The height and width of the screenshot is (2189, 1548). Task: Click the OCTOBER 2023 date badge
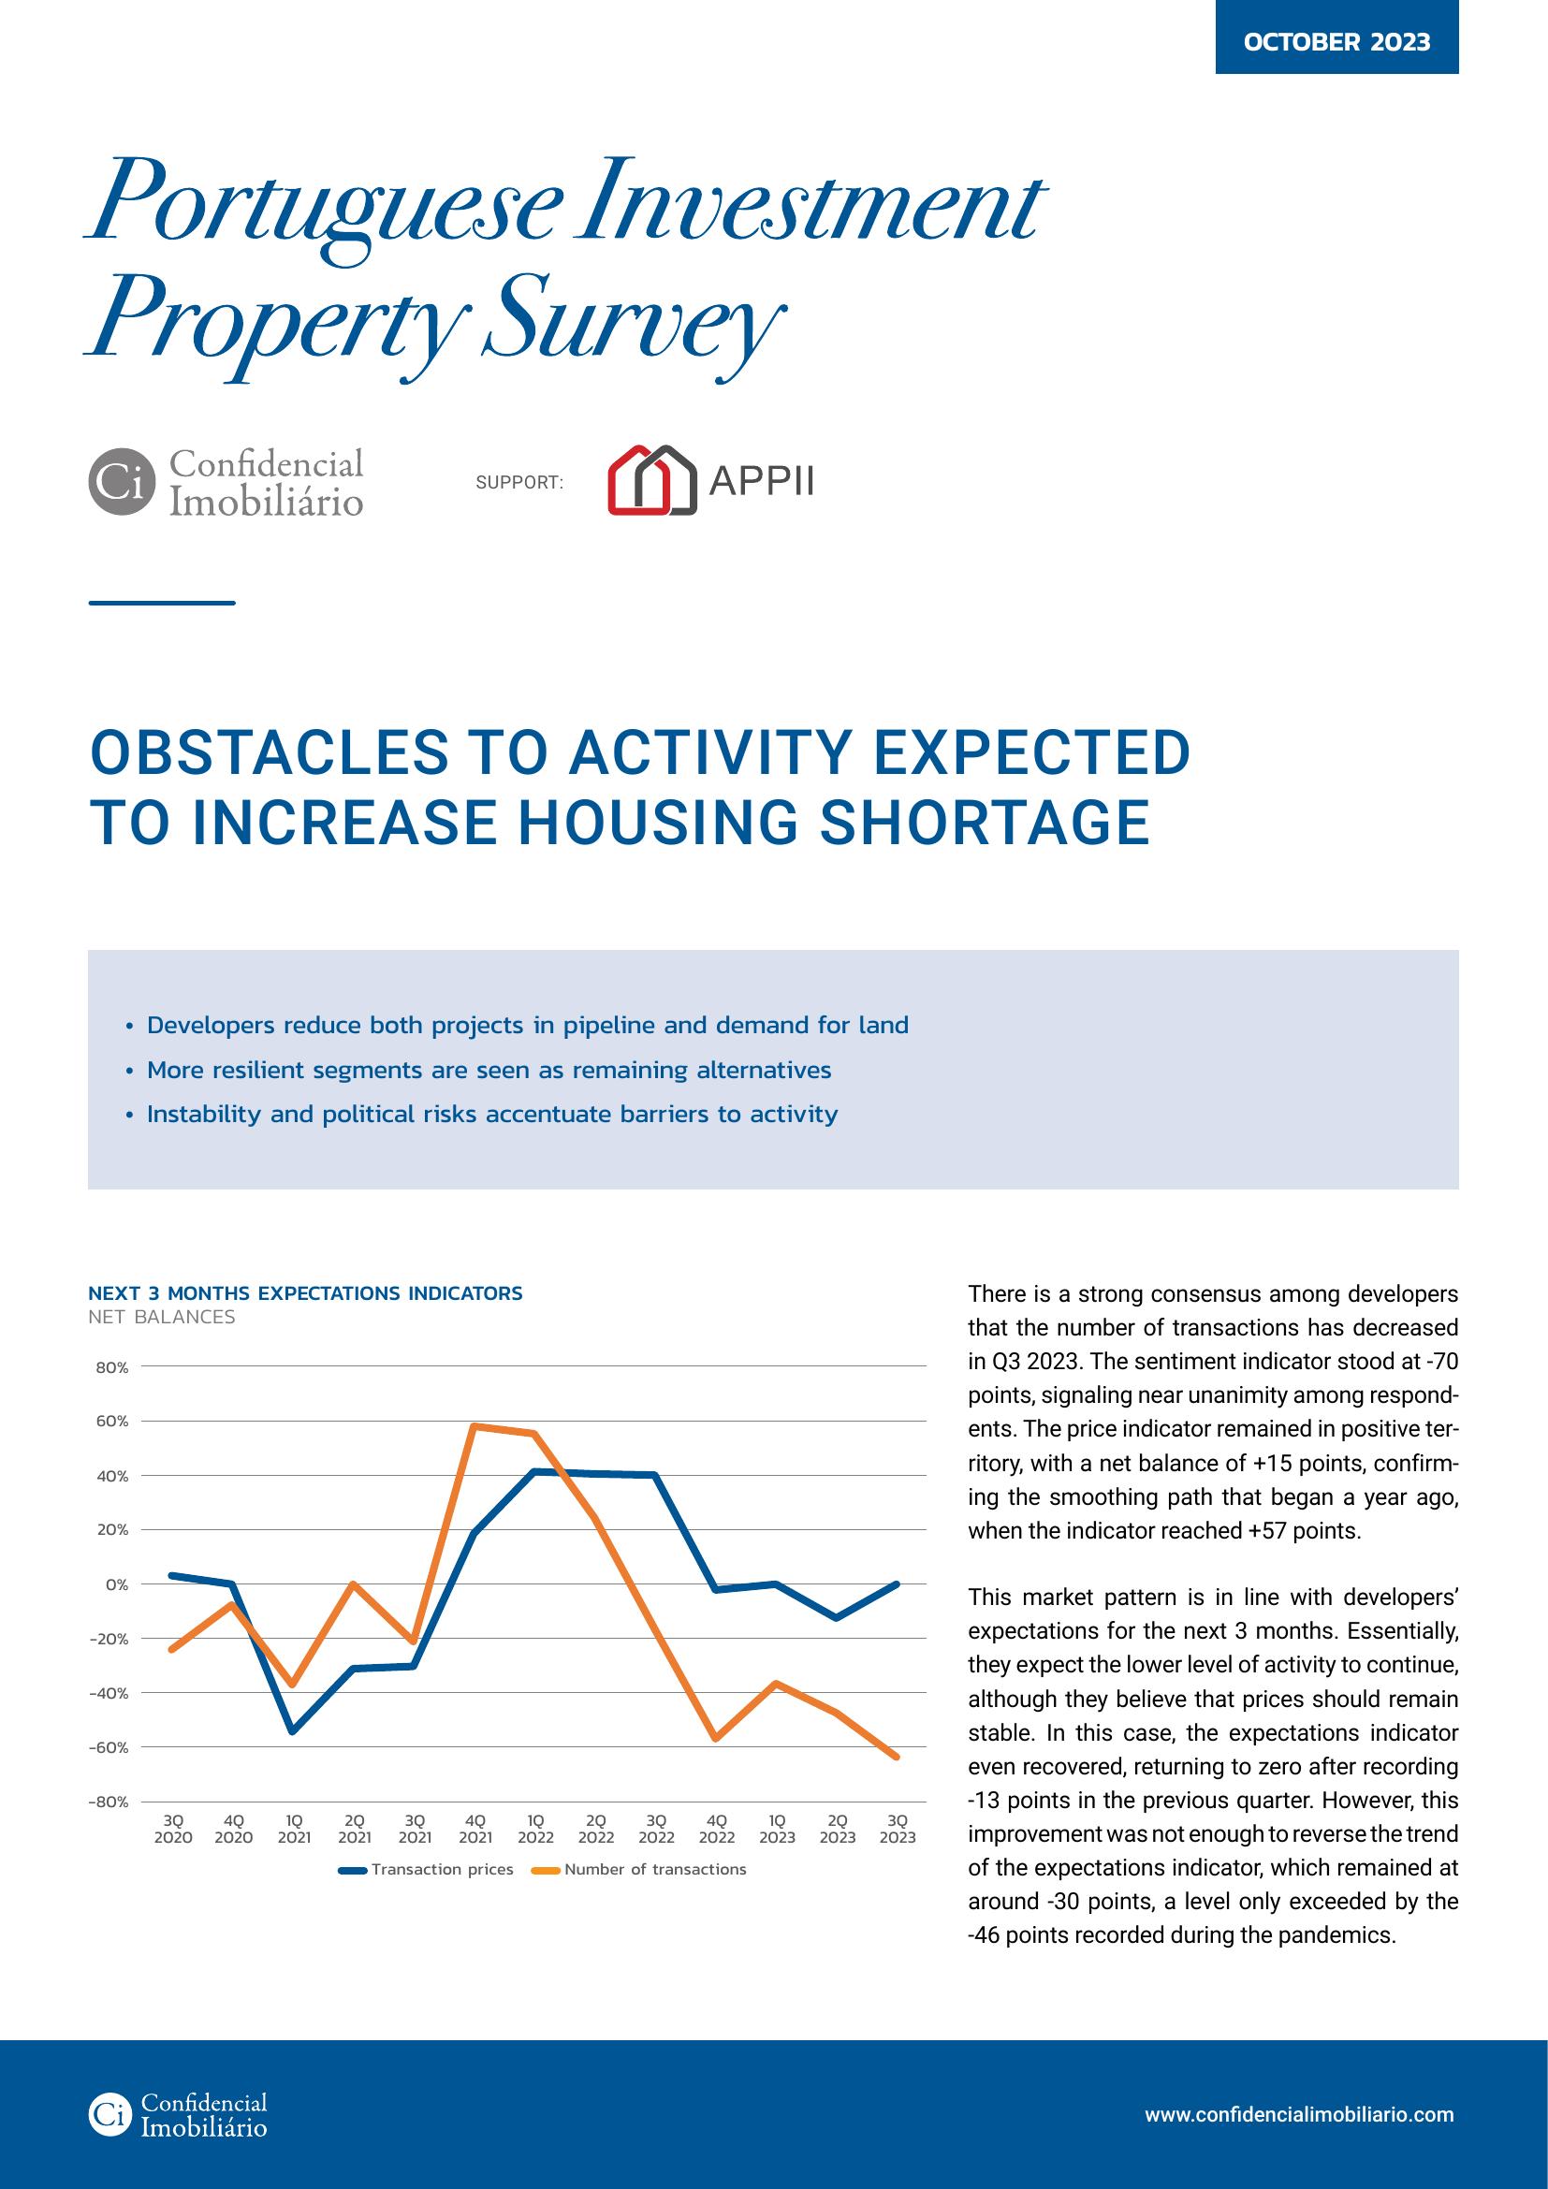(1336, 37)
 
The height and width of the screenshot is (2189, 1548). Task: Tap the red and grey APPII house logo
(652, 480)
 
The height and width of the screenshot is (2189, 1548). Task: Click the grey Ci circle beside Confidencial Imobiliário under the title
(121, 481)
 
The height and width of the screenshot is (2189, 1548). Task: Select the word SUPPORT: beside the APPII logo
(519, 483)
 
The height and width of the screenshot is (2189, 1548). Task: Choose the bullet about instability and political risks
(492, 1114)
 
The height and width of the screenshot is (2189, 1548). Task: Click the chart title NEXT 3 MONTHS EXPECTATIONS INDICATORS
(305, 1293)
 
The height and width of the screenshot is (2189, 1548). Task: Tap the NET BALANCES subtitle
(161, 1318)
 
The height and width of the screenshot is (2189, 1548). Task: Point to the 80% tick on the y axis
(112, 1367)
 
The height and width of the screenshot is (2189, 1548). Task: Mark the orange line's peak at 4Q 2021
(475, 1426)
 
